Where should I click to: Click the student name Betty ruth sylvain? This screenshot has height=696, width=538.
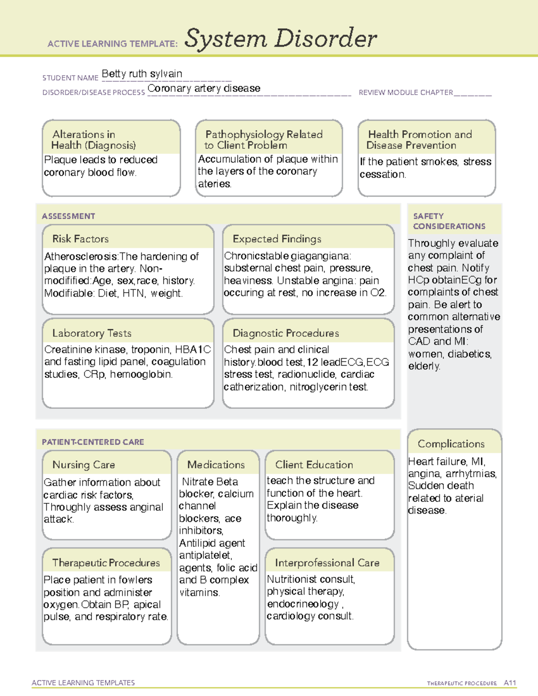click(142, 74)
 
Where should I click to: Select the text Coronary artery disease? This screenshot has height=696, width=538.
click(204, 88)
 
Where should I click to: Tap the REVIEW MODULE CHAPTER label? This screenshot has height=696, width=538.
click(405, 93)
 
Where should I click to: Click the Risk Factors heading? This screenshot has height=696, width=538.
click(80, 239)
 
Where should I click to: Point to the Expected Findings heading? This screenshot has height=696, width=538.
click(277, 239)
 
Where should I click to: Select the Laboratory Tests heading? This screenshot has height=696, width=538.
click(91, 333)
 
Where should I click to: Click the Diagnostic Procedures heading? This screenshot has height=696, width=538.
click(286, 333)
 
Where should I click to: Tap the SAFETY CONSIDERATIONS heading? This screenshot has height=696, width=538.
click(449, 221)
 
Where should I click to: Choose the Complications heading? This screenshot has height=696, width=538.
click(451, 444)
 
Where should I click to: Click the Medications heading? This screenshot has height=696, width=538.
click(216, 465)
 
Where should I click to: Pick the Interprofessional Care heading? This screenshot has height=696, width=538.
click(327, 563)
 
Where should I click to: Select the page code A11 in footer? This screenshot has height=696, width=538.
click(510, 683)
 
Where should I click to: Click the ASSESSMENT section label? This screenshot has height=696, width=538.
click(68, 216)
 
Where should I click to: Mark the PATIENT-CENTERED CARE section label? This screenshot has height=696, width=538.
click(93, 442)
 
